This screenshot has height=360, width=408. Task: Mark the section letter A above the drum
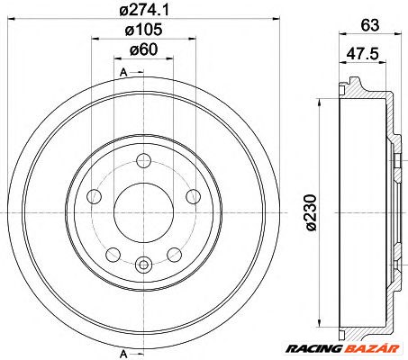tap(122, 70)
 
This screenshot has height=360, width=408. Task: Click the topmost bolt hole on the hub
tap(143, 161)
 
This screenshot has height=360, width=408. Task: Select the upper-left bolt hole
tap(94, 197)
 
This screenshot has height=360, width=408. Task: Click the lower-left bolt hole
tap(113, 255)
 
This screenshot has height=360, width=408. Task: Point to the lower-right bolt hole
tap(174, 255)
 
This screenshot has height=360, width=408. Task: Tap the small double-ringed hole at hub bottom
tap(143, 264)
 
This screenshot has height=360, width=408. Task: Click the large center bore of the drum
tap(143, 212)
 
